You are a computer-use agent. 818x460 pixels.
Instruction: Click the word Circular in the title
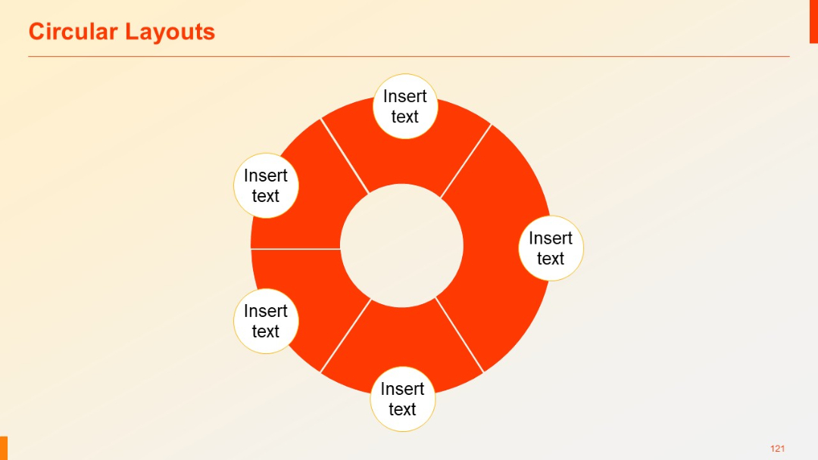73,32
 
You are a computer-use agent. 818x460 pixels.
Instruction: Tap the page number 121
777,449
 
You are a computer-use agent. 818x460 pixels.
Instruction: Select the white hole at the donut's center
401,246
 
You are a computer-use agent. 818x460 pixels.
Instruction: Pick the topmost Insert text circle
405,107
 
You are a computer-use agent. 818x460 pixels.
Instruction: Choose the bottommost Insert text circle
402,399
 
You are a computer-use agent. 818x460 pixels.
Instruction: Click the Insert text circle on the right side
551,248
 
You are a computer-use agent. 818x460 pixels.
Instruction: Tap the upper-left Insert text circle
266,186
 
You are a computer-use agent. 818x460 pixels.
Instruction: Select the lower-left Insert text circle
266,322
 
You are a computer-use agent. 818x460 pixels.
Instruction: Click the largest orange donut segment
500,250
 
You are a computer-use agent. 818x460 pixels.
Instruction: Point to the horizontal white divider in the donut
295,248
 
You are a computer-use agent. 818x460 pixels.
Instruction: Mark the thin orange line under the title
409,56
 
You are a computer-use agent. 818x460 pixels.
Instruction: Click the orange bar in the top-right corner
813,21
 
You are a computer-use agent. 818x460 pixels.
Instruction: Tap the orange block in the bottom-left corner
4,448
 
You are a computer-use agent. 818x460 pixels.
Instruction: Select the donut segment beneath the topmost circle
405,159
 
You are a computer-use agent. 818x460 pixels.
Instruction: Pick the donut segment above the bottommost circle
401,340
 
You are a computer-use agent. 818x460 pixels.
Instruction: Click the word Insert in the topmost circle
405,97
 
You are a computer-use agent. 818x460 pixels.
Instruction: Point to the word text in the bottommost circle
402,410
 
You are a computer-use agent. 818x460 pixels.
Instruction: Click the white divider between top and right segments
466,161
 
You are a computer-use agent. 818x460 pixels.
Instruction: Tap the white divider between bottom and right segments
459,335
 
